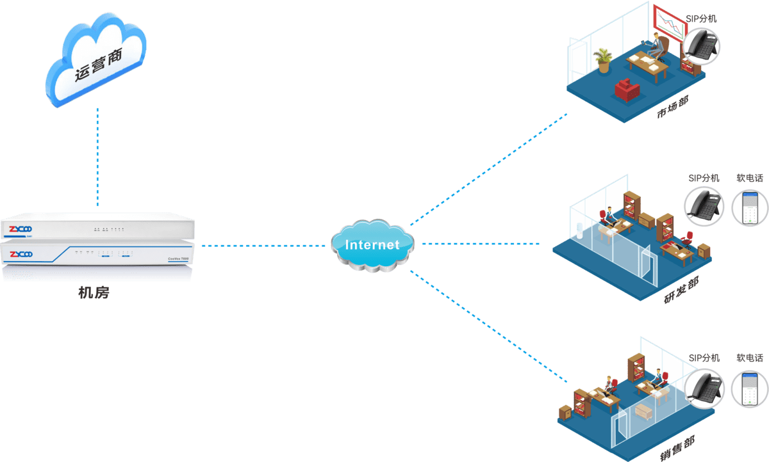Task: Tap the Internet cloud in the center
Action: point(372,245)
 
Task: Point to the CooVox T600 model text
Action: point(178,257)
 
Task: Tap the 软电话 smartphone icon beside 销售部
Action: point(750,388)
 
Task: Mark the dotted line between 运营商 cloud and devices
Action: point(97,157)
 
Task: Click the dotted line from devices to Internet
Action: point(263,245)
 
